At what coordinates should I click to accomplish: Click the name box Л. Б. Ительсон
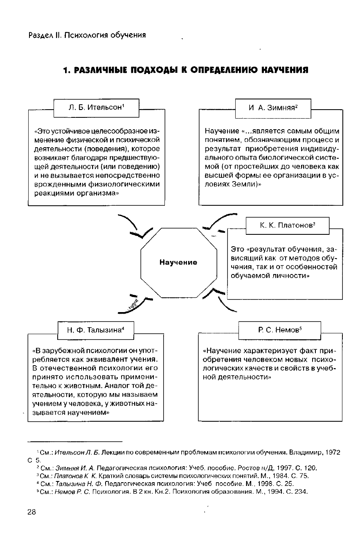click(97, 108)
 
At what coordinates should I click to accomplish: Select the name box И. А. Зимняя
click(273, 108)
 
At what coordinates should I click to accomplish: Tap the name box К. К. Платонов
click(288, 225)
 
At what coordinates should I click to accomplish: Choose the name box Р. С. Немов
click(279, 330)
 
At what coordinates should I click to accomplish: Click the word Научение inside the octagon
click(178, 262)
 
